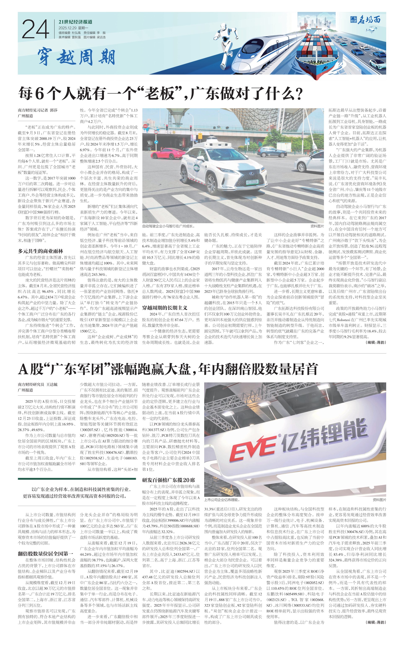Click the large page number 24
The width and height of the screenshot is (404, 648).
[x=36, y=29]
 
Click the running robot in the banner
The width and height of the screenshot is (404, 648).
[x=227, y=44]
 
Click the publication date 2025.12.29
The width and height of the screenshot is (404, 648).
[x=67, y=28]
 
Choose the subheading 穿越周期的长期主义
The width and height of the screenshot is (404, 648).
[x=165, y=308]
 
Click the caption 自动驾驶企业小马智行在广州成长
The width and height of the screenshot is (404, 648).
[x=168, y=226]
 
